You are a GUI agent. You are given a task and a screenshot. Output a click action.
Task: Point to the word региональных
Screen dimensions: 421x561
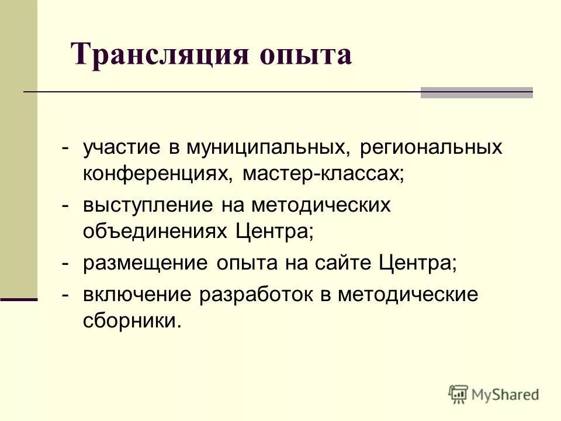pos(431,149)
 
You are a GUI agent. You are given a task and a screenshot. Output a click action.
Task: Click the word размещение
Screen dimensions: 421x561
pos(145,263)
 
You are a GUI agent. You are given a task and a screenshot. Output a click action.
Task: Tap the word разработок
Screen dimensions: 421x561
pos(258,295)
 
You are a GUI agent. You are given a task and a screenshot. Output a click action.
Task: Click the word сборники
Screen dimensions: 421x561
pos(129,320)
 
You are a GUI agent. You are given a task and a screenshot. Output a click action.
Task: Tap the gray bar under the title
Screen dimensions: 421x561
pos(476,92)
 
